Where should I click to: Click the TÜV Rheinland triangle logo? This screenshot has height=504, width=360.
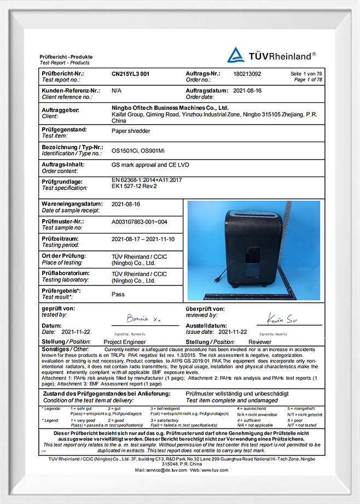236,55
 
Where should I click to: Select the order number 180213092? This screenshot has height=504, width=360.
247,73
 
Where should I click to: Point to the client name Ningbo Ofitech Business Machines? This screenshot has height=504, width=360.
170,108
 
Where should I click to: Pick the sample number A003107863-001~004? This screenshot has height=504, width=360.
139,221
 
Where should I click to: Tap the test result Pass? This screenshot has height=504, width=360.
118,294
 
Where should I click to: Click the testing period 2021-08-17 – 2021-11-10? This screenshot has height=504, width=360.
142,239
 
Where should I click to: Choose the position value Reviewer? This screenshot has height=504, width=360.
260,341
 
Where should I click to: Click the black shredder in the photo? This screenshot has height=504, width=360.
252,249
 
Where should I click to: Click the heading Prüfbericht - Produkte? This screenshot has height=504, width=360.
66,57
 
